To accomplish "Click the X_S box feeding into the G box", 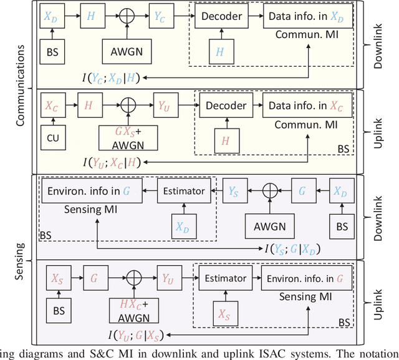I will pyautogui.click(x=57, y=278).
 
